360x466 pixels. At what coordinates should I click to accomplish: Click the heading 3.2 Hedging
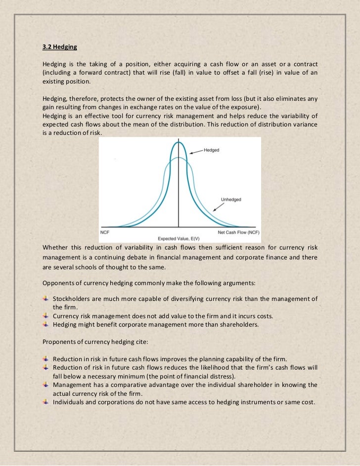60,48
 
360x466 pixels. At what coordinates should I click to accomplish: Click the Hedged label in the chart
212,150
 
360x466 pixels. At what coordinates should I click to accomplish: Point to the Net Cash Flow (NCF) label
239,232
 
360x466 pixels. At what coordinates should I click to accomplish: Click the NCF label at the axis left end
105,232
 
